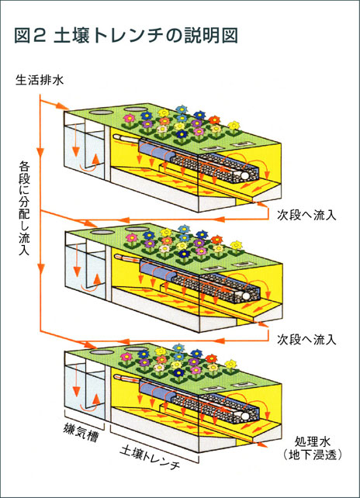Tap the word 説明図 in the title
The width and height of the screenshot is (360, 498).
coord(206,35)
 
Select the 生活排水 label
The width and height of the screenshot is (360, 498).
coord(36,79)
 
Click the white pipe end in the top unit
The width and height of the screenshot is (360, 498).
coord(246,176)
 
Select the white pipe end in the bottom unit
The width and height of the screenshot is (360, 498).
coord(247,415)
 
